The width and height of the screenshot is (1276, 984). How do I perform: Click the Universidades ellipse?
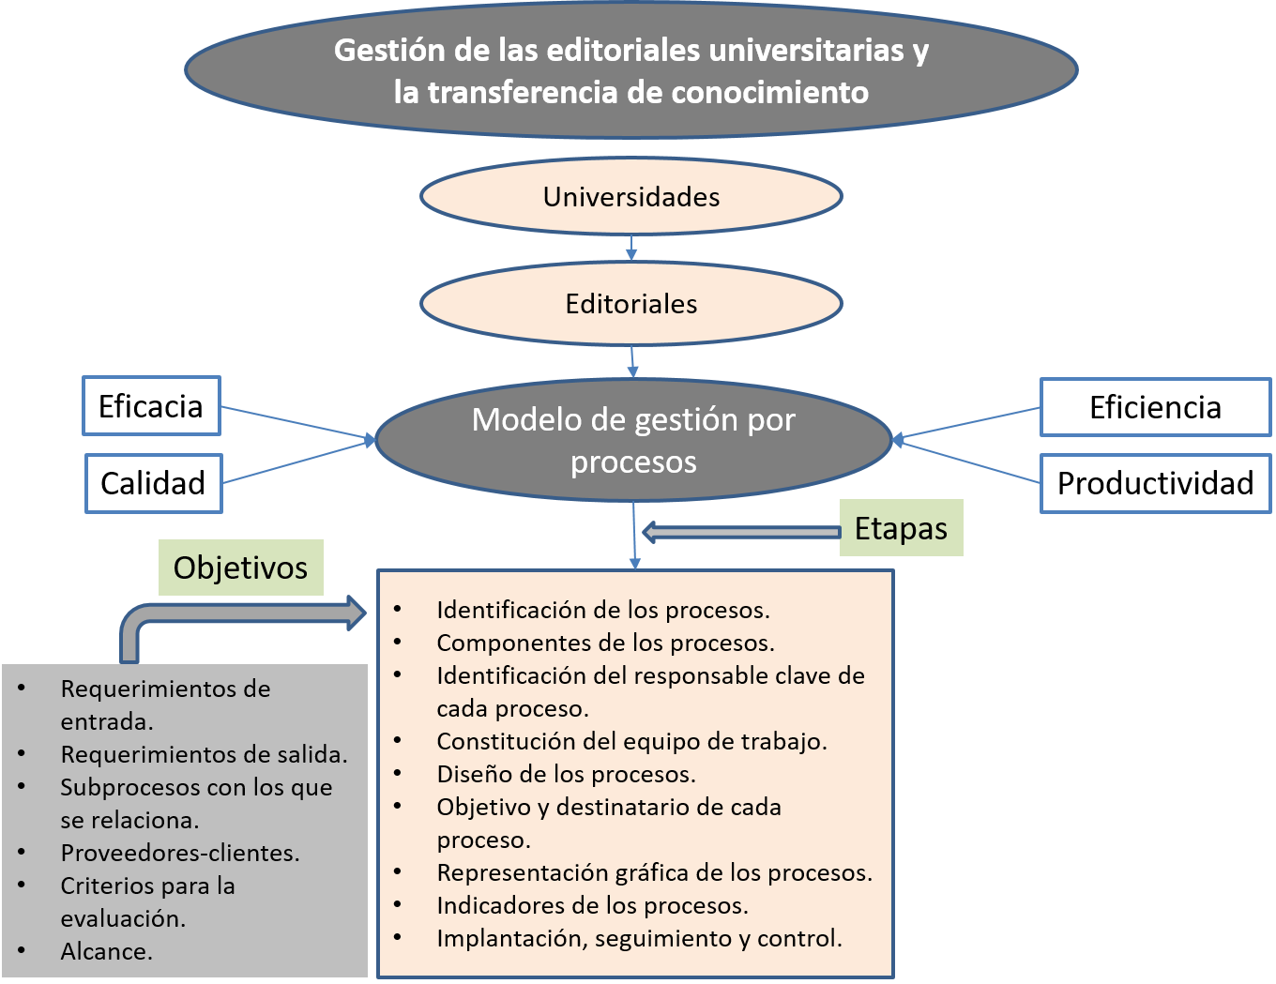tap(631, 197)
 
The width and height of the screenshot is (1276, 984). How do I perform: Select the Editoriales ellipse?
tap(631, 304)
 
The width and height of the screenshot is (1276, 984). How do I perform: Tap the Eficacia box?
tap(151, 406)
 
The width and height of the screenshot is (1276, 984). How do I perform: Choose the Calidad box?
tap(153, 483)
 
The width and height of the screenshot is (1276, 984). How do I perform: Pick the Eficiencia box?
tap(1155, 407)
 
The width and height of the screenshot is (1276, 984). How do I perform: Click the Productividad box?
tap(1155, 483)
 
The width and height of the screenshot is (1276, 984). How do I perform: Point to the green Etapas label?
tap(901, 528)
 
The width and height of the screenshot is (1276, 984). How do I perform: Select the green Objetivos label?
tap(240, 568)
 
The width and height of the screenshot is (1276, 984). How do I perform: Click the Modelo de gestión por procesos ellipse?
tap(633, 440)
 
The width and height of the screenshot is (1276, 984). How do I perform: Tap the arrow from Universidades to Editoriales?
tap(630, 248)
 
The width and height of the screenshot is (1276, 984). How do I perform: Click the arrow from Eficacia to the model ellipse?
tap(297, 423)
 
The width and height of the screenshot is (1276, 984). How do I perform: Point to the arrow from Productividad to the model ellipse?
tap(966, 462)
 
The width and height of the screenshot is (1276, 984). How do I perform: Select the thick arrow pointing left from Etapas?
tap(741, 532)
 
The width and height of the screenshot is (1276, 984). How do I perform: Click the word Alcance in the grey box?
tap(105, 951)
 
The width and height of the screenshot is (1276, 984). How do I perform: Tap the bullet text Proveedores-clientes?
tap(180, 853)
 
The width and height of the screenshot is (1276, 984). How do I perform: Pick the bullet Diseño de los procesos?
tap(566, 774)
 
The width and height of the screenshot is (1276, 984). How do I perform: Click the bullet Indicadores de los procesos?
tap(592, 905)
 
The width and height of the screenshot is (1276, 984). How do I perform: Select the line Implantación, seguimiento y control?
tap(639, 938)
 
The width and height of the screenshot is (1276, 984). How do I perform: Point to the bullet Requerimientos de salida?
tap(204, 754)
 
